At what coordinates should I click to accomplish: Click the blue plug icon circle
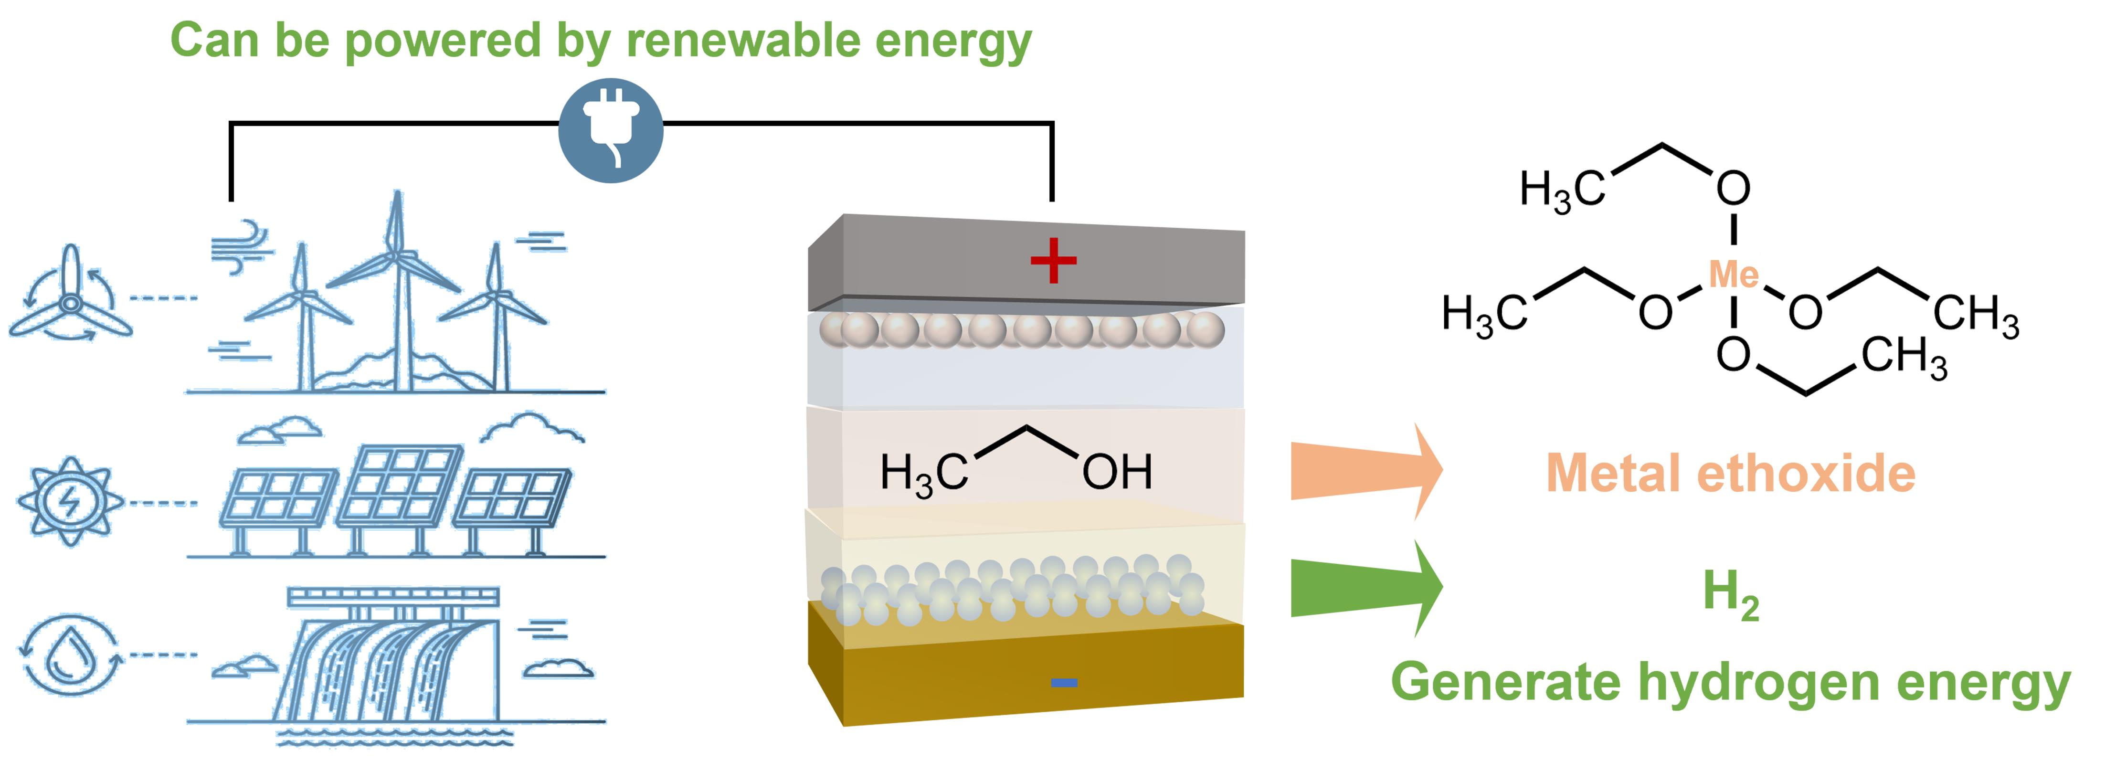point(611,131)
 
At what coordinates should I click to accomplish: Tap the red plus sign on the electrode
point(1053,261)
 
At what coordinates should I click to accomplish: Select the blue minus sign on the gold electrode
point(1063,683)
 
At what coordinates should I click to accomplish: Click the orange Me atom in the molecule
point(1733,275)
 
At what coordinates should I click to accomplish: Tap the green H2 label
point(1730,594)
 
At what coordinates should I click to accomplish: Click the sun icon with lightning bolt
point(70,501)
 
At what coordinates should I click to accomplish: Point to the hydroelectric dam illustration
point(392,662)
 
